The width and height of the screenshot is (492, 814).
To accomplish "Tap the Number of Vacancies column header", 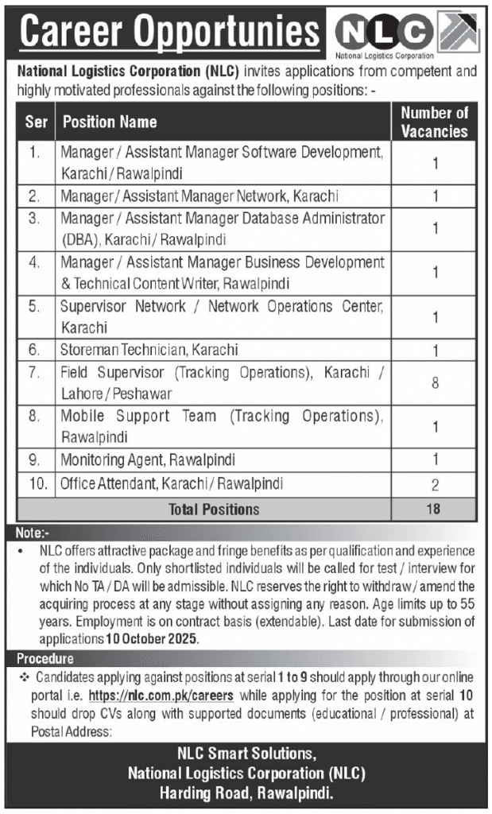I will coord(434,122).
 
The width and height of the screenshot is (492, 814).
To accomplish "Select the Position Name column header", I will coord(110,122).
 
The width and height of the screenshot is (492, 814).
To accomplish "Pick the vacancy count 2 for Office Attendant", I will coord(435,484).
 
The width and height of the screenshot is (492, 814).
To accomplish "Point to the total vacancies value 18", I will coord(433,509).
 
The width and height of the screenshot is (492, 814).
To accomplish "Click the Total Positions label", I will coord(214,509).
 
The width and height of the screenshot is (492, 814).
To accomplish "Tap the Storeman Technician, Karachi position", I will coord(149,349).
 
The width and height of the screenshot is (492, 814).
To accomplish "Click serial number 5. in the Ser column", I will coord(34,306).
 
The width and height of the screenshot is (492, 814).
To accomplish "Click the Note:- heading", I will coord(33,533).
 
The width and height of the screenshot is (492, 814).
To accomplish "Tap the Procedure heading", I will coord(45,659).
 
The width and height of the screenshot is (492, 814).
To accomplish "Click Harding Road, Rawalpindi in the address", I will coord(246,793).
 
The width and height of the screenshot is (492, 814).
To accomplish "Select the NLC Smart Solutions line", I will coord(246,753).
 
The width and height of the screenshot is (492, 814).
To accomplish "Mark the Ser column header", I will coord(34,122).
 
